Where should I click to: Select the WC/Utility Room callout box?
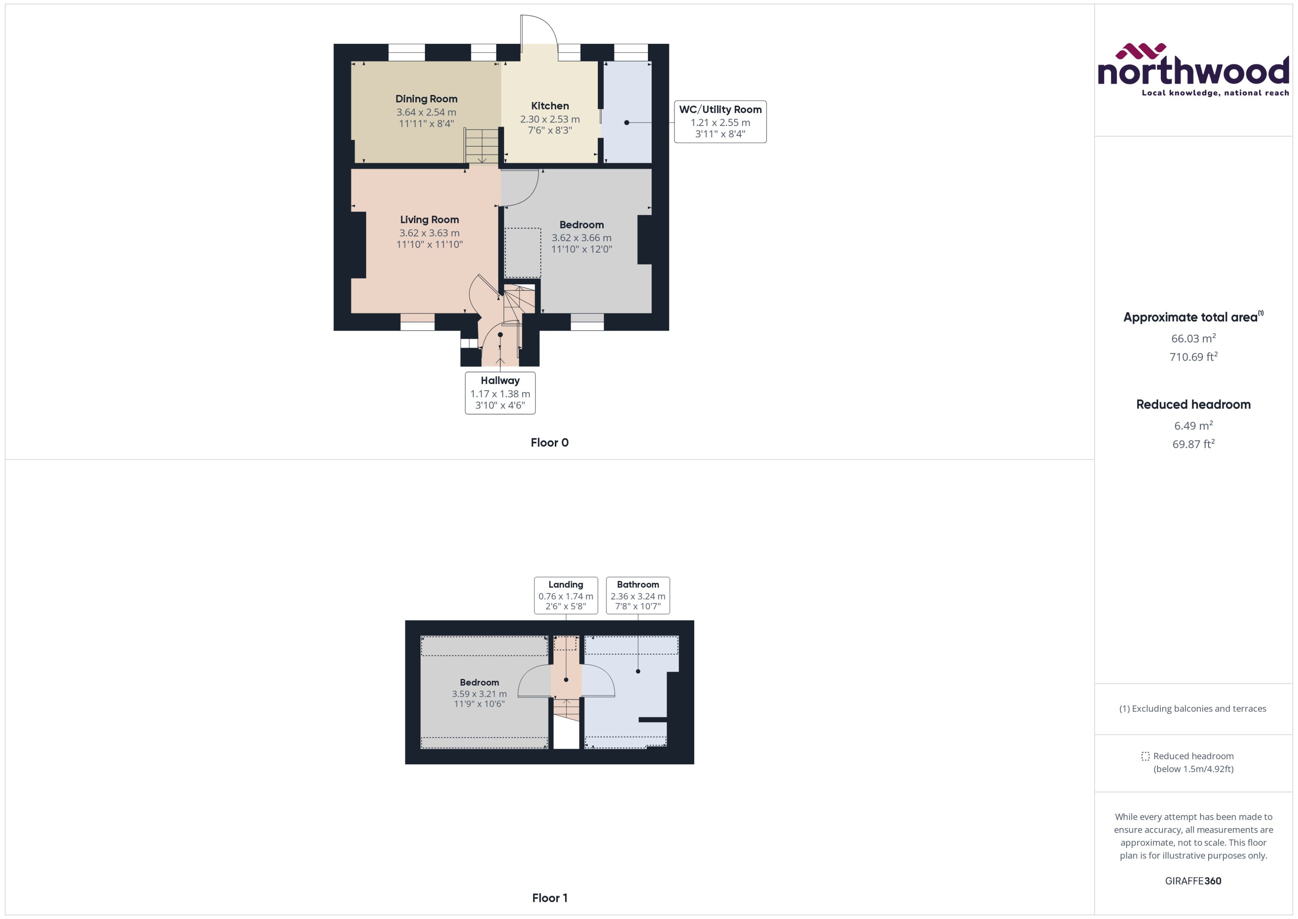(x=720, y=122)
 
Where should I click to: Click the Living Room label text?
(x=429, y=220)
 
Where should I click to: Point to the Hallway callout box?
(x=500, y=393)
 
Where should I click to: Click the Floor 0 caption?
(x=549, y=443)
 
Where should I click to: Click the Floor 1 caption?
(x=549, y=897)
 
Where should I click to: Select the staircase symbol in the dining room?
(x=481, y=146)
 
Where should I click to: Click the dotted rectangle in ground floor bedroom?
(x=523, y=252)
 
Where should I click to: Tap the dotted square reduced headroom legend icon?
(x=1145, y=756)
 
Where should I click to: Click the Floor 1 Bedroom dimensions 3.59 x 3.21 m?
(x=479, y=694)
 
